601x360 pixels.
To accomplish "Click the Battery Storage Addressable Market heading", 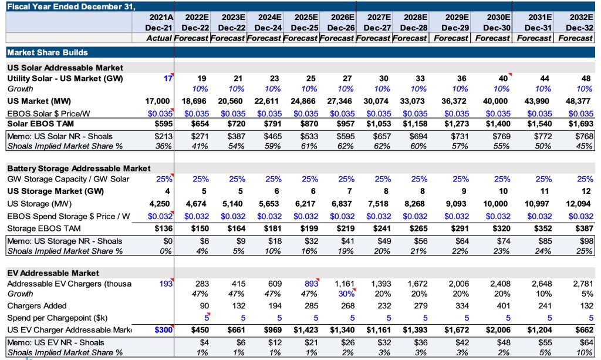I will [79, 169].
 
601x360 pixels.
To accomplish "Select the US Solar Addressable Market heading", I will [65, 68].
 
